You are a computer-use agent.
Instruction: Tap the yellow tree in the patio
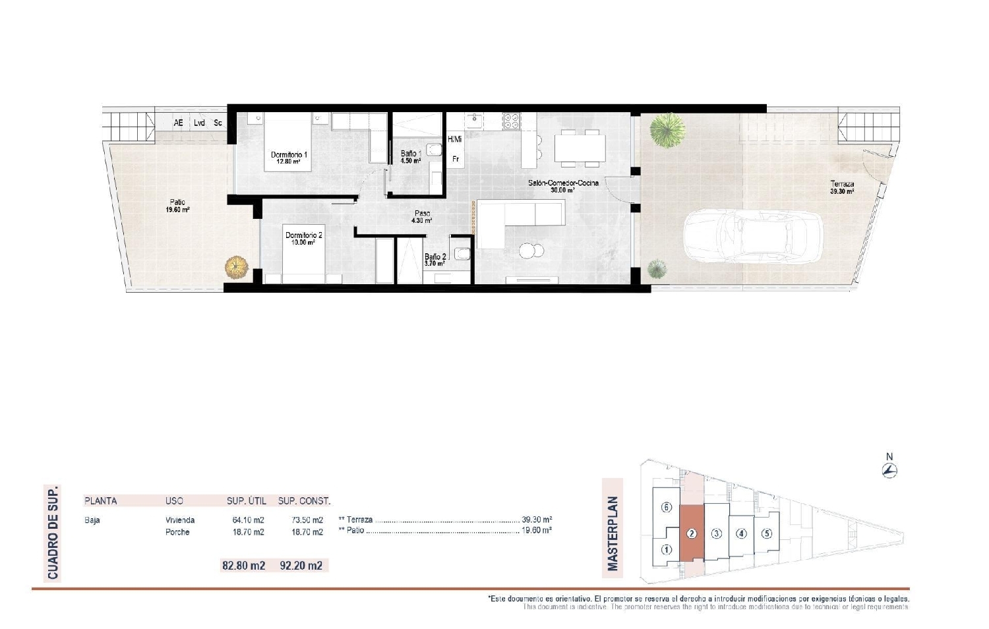point(237,267)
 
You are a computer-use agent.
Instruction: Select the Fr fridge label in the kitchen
point(455,159)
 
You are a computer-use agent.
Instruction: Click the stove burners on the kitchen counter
point(512,121)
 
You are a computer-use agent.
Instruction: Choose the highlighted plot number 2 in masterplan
point(691,533)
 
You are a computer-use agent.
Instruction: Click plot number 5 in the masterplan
point(766,534)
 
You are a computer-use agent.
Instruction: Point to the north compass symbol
point(889,469)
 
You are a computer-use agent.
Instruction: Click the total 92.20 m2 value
point(301,565)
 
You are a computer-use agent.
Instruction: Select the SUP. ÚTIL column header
point(247,501)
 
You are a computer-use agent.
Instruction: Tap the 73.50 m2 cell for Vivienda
point(307,520)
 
